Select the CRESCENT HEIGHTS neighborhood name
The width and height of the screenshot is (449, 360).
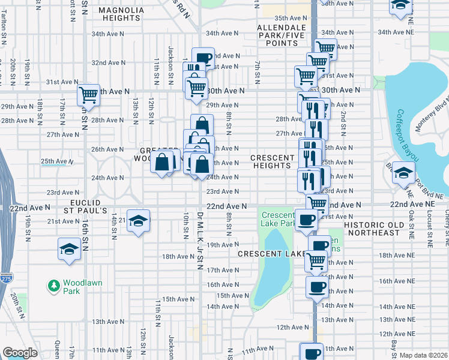[x=271, y=161]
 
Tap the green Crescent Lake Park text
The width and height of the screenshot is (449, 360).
[x=277, y=219]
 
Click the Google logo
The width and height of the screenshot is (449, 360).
[x=20, y=353]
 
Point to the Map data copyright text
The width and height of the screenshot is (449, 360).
[x=423, y=355]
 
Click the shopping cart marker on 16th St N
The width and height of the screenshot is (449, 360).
[x=88, y=95]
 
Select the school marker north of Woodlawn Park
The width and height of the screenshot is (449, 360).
[x=69, y=248]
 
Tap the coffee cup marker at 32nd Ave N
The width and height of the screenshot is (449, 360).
[x=203, y=58]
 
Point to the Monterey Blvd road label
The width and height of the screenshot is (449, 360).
[x=434, y=114]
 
